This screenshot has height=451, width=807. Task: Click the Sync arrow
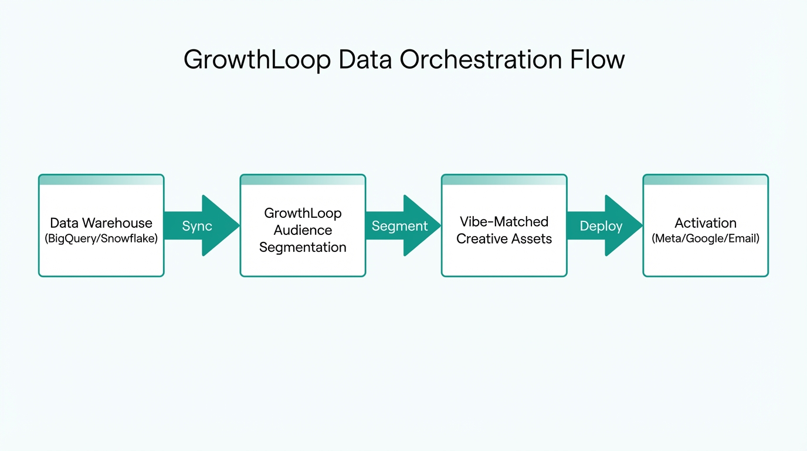coord(198,226)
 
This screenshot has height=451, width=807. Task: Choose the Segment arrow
coord(400,226)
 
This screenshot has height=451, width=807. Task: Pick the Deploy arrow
coord(601,226)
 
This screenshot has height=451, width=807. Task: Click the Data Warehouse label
coord(101,223)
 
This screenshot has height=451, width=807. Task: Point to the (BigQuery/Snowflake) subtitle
coord(101,239)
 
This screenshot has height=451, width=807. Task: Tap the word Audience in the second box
coord(303,230)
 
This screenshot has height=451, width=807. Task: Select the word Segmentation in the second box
coord(303,247)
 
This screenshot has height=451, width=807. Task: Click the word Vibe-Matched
coord(504,222)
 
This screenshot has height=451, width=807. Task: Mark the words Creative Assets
coord(504,239)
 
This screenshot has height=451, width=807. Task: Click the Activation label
coord(705,223)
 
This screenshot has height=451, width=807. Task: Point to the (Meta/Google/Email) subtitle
coord(705,239)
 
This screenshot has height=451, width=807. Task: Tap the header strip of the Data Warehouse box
coord(101,180)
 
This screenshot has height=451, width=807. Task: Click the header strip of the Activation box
coord(705,180)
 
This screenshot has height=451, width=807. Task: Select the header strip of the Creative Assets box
coord(504,180)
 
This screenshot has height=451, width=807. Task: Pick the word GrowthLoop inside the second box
coord(303,213)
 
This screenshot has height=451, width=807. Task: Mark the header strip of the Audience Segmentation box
coord(303,180)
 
